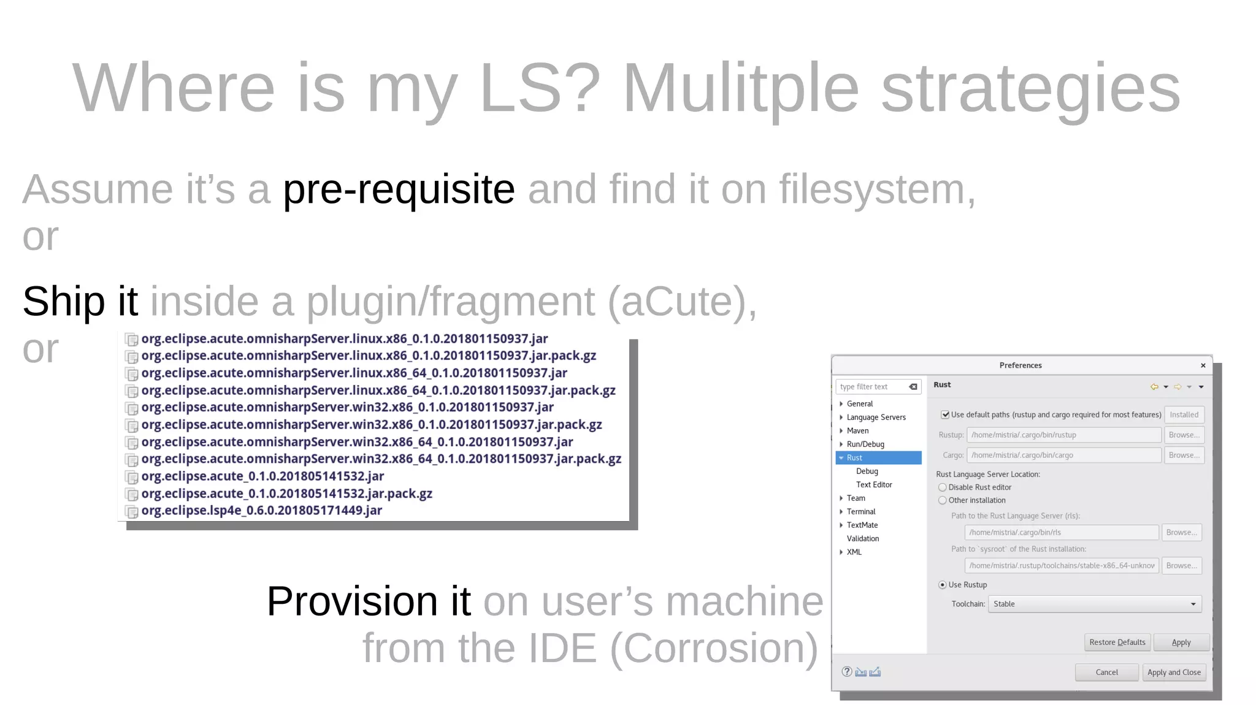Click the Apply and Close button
pyautogui.click(x=1174, y=673)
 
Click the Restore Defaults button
pyautogui.click(x=1117, y=642)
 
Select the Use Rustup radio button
pyautogui.click(x=943, y=585)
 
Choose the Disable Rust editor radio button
pyautogui.click(x=943, y=487)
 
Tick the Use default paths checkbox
pyautogui.click(x=945, y=415)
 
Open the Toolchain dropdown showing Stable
pyautogui.click(x=1094, y=604)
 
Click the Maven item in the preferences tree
pyautogui.click(x=857, y=431)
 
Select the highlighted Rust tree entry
pyautogui.click(x=854, y=458)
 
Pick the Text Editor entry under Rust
pyautogui.click(x=874, y=485)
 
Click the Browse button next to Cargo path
pyautogui.click(x=1184, y=455)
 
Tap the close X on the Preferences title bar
pyautogui.click(x=1203, y=365)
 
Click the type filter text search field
pyautogui.click(x=872, y=387)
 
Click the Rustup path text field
pyautogui.click(x=1063, y=435)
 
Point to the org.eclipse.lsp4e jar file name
pyautogui.click(x=261, y=511)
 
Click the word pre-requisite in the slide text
pyautogui.click(x=399, y=189)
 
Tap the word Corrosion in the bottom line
pyautogui.click(x=714, y=648)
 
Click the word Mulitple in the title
pyautogui.click(x=740, y=89)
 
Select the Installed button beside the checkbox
pyautogui.click(x=1184, y=415)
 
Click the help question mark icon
pyautogui.click(x=847, y=672)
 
